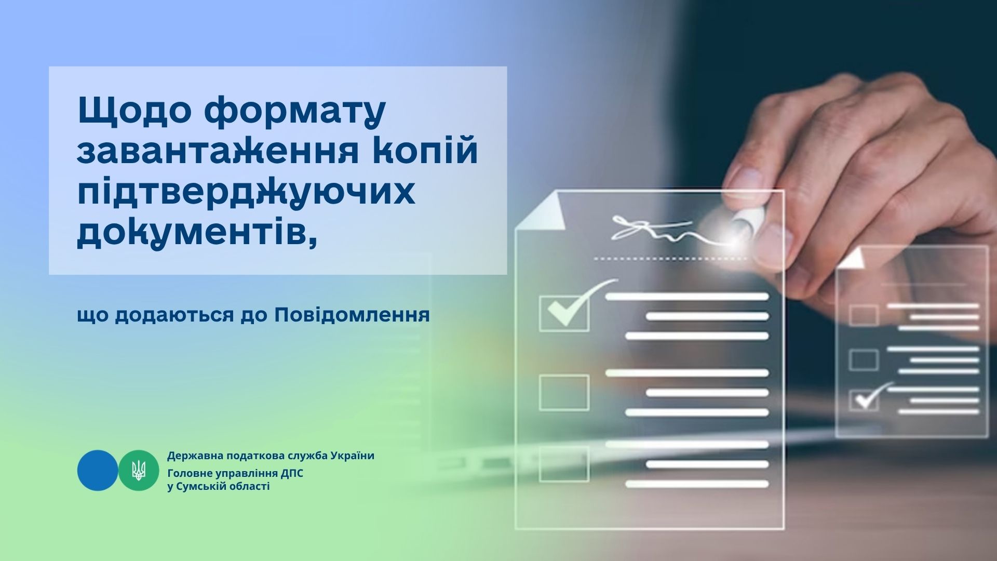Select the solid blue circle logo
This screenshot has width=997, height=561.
click(x=98, y=471)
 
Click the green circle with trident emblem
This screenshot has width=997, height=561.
click(x=139, y=471)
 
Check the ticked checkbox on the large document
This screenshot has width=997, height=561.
click(x=564, y=313)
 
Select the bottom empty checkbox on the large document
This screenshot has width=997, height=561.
click(x=564, y=464)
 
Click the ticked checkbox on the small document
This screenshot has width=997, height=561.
click(x=864, y=400)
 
